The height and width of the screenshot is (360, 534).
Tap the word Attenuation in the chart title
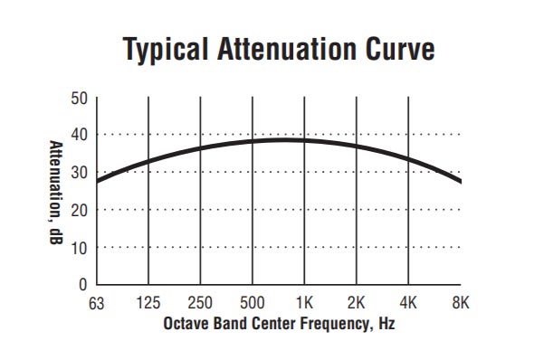[x=277, y=51]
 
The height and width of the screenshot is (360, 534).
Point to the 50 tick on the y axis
[x=80, y=98]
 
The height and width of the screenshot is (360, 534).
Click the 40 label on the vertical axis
[x=80, y=135]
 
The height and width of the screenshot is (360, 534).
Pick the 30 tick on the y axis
[x=80, y=172]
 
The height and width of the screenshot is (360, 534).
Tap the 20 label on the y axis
[x=80, y=210]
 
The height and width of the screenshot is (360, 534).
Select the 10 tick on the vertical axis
[x=80, y=247]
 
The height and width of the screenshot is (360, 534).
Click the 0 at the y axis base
[x=84, y=284]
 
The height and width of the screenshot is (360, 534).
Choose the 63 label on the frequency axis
[x=96, y=303]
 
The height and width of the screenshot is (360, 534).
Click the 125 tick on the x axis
[x=148, y=303]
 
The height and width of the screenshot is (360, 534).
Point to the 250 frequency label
[x=200, y=303]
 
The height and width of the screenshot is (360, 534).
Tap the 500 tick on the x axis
[x=253, y=303]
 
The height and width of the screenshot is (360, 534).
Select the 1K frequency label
[x=304, y=303]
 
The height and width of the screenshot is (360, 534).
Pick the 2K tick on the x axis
[x=357, y=303]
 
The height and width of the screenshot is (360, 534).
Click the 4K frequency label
[x=409, y=303]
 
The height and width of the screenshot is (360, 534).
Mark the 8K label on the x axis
[x=461, y=303]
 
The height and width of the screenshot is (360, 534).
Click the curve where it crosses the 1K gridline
[x=304, y=140]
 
